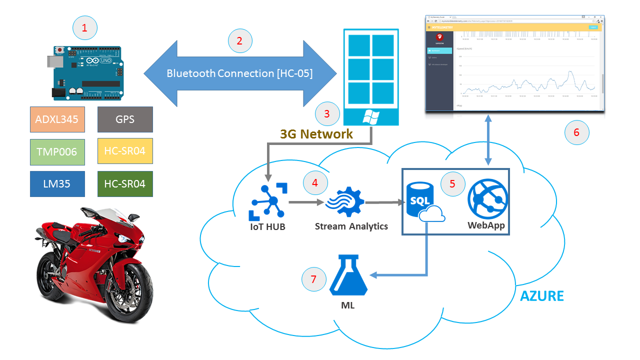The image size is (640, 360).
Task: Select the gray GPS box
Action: pyautogui.click(x=124, y=119)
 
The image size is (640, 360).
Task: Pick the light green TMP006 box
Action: pyautogui.click(x=57, y=151)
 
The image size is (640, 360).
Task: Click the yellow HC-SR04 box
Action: pyautogui.click(x=124, y=151)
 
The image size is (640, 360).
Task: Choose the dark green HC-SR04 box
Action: pyautogui.click(x=124, y=184)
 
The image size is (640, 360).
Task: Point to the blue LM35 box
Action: pyautogui.click(x=57, y=184)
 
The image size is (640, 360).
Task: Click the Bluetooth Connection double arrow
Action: pyautogui.click(x=239, y=73)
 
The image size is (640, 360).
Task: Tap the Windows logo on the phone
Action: pyautogui.click(x=370, y=117)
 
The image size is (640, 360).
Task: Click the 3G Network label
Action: pyautogui.click(x=317, y=134)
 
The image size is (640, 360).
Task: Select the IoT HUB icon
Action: pyautogui.click(x=268, y=202)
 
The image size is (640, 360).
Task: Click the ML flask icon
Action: pyautogui.click(x=348, y=275)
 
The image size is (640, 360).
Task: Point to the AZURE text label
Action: pyautogui.click(x=541, y=296)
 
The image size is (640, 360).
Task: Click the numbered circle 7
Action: pyautogui.click(x=314, y=279)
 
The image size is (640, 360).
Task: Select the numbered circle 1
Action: pyautogui.click(x=84, y=28)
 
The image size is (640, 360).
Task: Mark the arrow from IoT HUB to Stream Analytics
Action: pyautogui.click(x=305, y=203)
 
